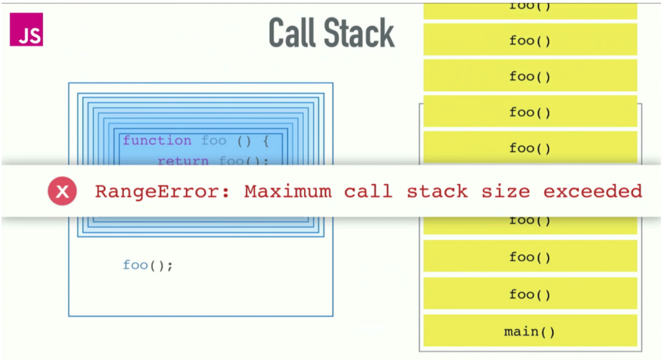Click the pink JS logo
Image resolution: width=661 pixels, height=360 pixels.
(x=26, y=30)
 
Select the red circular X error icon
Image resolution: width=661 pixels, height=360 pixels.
(x=63, y=191)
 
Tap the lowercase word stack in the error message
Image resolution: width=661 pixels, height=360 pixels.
(x=437, y=192)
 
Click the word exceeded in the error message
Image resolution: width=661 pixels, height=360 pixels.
(x=593, y=192)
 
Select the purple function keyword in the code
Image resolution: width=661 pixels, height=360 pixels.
(x=157, y=141)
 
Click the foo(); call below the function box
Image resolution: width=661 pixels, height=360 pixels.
(x=148, y=265)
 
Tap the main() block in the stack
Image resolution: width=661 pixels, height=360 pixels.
(x=530, y=332)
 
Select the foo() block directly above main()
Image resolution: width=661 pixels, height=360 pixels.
(x=530, y=295)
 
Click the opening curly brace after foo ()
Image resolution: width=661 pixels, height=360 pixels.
(x=264, y=141)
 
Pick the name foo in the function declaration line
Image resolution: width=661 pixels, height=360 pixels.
(x=214, y=141)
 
